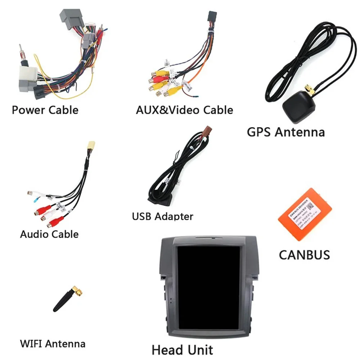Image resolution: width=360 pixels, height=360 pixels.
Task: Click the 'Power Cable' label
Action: click(x=45, y=109)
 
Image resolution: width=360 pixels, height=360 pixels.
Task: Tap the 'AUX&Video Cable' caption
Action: click(x=184, y=109)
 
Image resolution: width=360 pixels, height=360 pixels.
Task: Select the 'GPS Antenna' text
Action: click(x=285, y=132)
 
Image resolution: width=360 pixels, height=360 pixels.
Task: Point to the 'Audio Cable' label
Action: click(x=49, y=234)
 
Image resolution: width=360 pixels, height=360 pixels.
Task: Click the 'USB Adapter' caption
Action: click(x=162, y=216)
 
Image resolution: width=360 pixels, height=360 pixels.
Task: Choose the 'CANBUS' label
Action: click(x=304, y=255)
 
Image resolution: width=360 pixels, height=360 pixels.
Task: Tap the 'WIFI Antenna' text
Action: click(x=53, y=343)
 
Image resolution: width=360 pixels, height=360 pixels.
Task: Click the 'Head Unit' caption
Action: click(x=182, y=350)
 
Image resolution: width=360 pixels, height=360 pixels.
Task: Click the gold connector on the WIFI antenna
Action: click(x=77, y=289)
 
